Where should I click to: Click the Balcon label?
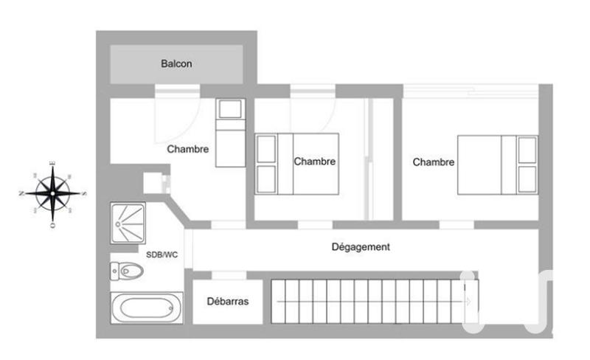click(x=176, y=64)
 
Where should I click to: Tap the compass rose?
click(x=52, y=193)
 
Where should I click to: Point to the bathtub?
click(x=147, y=307)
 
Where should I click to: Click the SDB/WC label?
click(x=162, y=255)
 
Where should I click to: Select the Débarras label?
click(x=227, y=302)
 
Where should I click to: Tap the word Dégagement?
click(x=361, y=247)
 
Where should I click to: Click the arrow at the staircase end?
click(x=468, y=300)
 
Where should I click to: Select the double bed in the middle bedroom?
click(x=297, y=164)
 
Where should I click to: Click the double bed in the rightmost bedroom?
click(x=498, y=165)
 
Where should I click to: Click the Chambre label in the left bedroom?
click(x=188, y=149)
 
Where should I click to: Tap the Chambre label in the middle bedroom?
click(x=315, y=162)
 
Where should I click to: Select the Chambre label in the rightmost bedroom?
click(x=434, y=162)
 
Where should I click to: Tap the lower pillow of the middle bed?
click(x=265, y=178)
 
